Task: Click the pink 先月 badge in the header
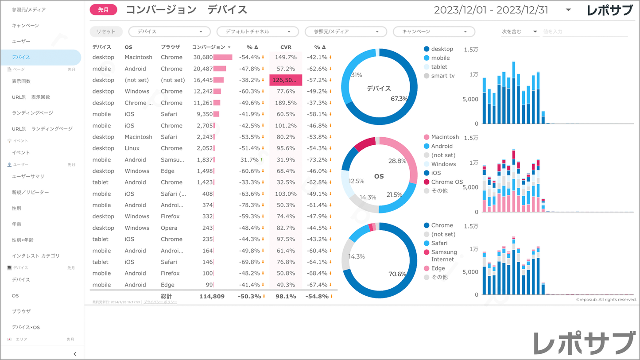(103, 10)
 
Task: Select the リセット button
(106, 31)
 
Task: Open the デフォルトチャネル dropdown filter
(257, 31)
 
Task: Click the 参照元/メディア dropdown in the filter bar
(345, 31)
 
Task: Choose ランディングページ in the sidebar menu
(32, 113)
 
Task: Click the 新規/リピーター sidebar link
(30, 192)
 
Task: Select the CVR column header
(286, 47)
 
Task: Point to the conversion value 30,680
(203, 57)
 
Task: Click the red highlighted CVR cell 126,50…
(286, 80)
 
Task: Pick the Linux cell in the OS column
(132, 148)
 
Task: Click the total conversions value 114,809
(212, 296)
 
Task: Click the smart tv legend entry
(442, 76)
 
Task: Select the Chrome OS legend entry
(446, 182)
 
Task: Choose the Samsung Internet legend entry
(444, 255)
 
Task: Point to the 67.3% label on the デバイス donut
(399, 98)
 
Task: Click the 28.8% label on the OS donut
(397, 161)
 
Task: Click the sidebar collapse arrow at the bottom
(75, 354)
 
